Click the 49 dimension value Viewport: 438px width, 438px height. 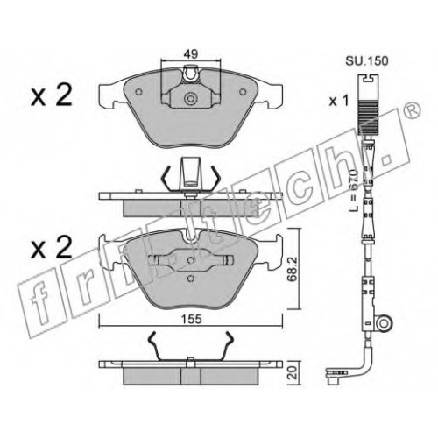tap(191, 53)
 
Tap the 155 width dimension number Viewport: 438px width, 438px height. tap(191, 319)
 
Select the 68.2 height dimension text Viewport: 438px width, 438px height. tap(293, 269)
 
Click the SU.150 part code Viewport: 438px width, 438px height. tap(367, 61)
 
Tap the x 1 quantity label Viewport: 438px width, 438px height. tap(339, 102)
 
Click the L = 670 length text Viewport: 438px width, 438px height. tap(354, 189)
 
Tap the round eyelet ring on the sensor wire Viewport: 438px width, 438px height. tap(385, 323)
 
